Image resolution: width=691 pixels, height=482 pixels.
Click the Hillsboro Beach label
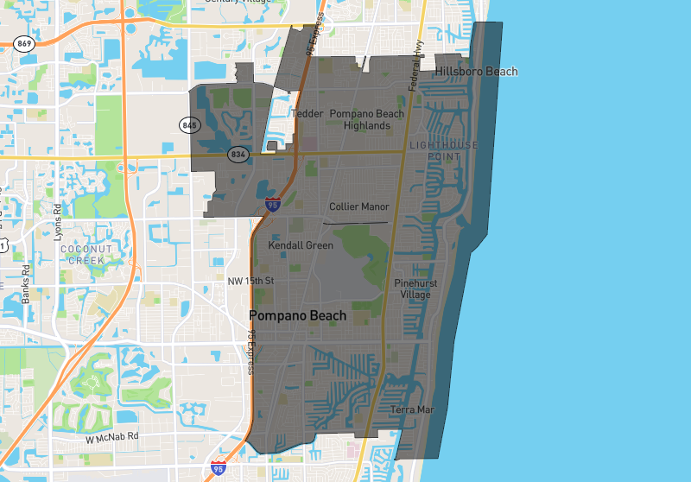pyautogui.click(x=476, y=71)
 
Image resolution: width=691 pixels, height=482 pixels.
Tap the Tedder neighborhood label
pyautogui.click(x=307, y=114)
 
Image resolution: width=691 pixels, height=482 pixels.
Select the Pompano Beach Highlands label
pyautogui.click(x=366, y=120)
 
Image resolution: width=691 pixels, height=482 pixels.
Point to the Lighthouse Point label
pyautogui.click(x=443, y=150)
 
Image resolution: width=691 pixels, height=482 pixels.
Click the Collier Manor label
pyautogui.click(x=359, y=206)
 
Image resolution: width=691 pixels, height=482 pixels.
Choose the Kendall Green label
pyautogui.click(x=301, y=245)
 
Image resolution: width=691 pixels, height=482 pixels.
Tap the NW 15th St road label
pyautogui.click(x=250, y=282)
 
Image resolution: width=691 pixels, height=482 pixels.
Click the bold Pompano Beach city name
pyautogui.click(x=297, y=316)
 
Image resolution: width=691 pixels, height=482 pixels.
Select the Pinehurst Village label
pyautogui.click(x=415, y=289)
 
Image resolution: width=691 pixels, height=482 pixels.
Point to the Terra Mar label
pyautogui.click(x=412, y=409)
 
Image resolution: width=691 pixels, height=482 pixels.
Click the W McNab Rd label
pyautogui.click(x=112, y=438)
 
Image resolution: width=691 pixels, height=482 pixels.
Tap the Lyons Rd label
pyautogui.click(x=59, y=221)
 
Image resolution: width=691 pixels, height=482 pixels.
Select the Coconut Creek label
pyautogui.click(x=82, y=254)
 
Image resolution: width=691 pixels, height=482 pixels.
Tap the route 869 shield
pyautogui.click(x=23, y=43)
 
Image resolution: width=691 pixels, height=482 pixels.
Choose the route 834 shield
pyautogui.click(x=238, y=155)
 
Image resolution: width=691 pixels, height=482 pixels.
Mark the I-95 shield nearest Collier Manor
pyautogui.click(x=273, y=205)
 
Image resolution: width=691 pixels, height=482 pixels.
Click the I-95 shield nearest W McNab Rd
pyautogui.click(x=219, y=469)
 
